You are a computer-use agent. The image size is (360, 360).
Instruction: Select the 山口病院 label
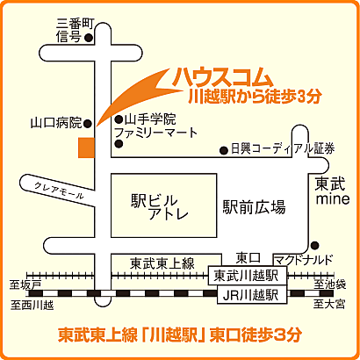pos(56,123)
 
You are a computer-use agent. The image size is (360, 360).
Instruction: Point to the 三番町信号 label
pos(68,31)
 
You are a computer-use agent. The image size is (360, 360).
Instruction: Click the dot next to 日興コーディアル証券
pos(222,149)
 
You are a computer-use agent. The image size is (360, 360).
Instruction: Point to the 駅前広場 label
pos(254,207)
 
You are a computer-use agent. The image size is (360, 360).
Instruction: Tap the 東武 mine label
pos(333,191)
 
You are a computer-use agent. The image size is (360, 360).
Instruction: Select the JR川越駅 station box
pos(247,295)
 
